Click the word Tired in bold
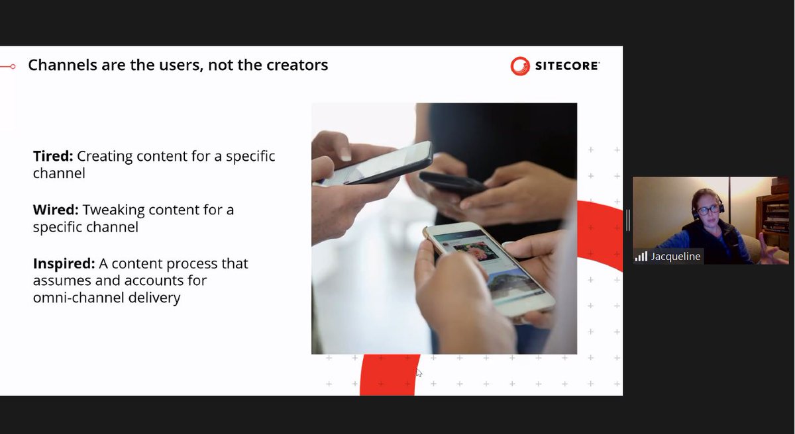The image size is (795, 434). coord(52,157)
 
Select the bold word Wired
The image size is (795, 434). coord(55,210)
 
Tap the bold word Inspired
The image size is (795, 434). coord(64,263)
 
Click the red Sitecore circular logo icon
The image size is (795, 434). coord(520,65)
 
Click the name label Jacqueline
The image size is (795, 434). coord(675,256)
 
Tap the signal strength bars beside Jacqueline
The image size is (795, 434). coord(641,256)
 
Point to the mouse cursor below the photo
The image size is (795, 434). coord(419,372)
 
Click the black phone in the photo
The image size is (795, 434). coord(452,182)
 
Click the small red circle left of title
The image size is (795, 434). coord(13,66)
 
